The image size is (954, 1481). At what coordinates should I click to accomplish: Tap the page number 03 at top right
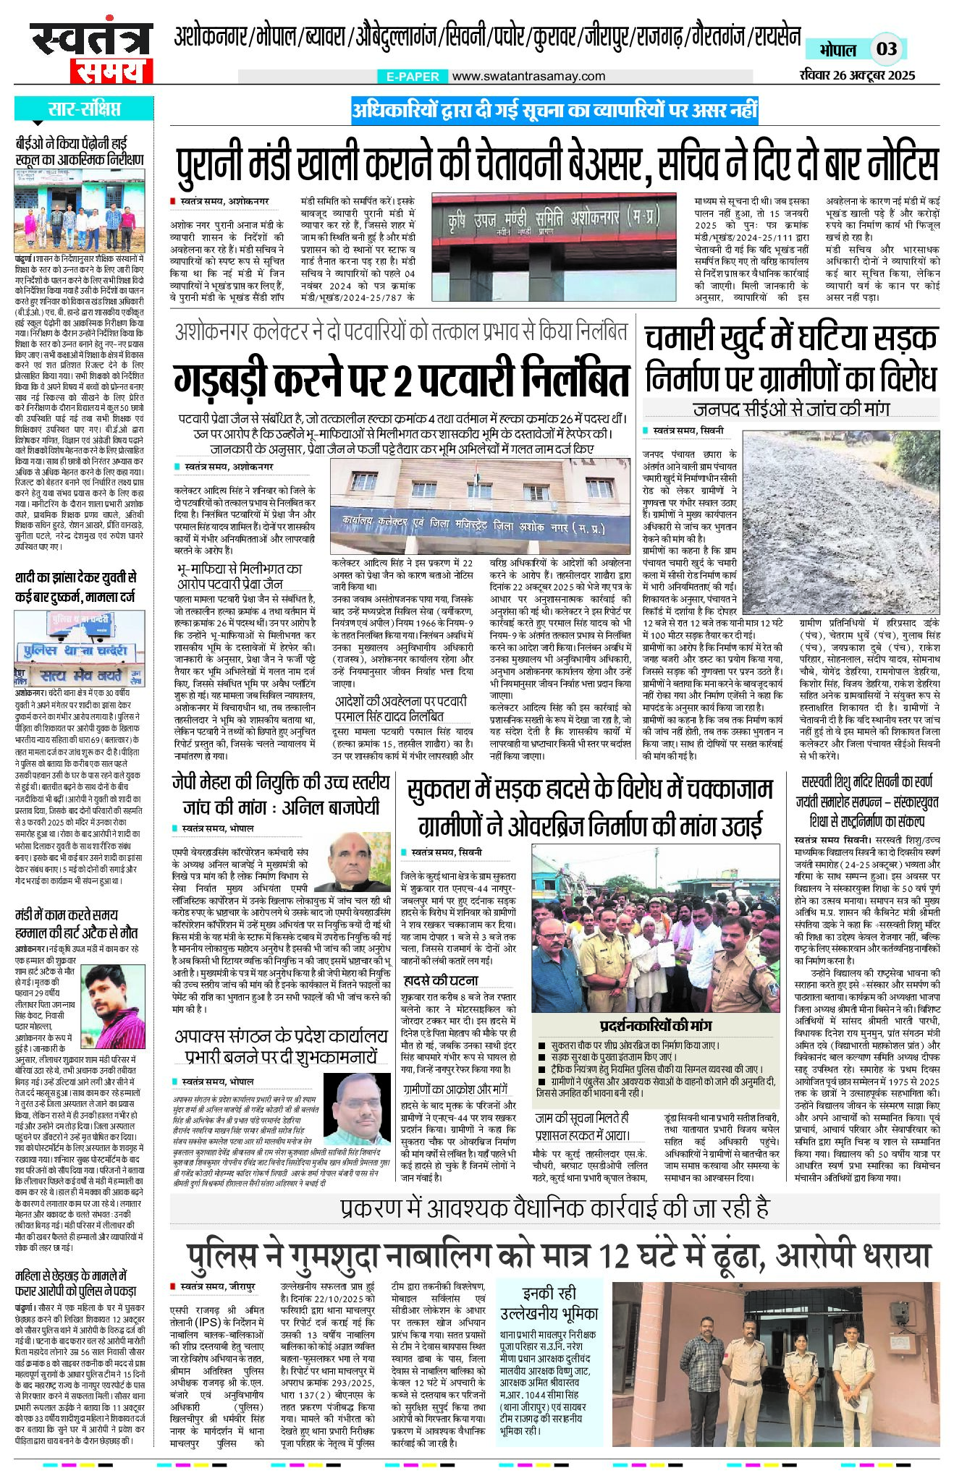click(x=886, y=49)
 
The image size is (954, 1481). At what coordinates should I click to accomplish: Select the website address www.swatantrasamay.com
click(x=528, y=76)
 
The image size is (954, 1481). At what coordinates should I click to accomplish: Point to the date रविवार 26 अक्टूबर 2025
click(x=858, y=75)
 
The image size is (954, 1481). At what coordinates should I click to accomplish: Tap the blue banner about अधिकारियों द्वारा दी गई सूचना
click(x=554, y=110)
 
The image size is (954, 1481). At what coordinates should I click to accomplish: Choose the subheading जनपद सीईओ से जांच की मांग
click(x=790, y=409)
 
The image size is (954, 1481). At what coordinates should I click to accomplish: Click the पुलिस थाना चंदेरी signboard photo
click(x=79, y=649)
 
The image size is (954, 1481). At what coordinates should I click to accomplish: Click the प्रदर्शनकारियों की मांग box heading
click(x=656, y=1025)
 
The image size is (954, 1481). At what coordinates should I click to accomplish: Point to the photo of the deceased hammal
click(x=114, y=1001)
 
